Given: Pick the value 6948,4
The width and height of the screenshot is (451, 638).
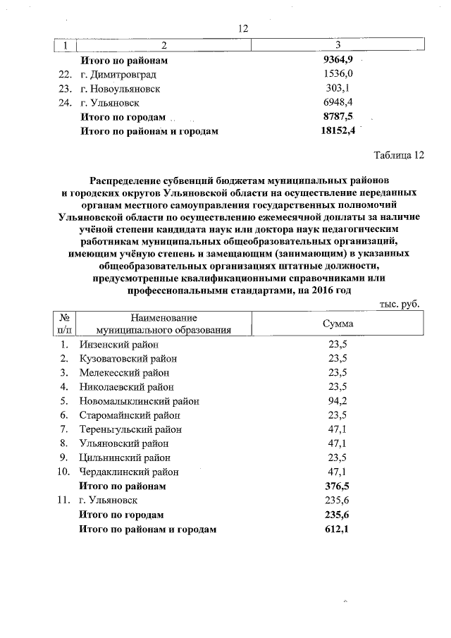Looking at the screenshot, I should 338,103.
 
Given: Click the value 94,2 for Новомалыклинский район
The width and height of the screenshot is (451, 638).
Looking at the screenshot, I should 338,401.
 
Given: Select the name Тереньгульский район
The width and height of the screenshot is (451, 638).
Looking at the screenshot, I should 131,429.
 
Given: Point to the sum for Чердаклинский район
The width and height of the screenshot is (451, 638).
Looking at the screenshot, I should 338,472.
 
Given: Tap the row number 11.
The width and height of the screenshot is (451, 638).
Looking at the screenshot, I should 64,501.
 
